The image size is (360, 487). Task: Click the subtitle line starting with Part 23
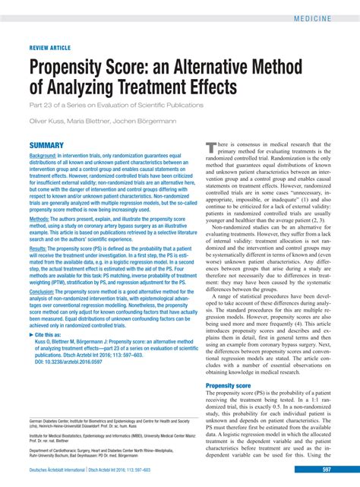[x=116, y=104]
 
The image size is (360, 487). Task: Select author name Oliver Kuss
[x=47, y=120]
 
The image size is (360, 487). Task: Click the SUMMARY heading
[x=46, y=144]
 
